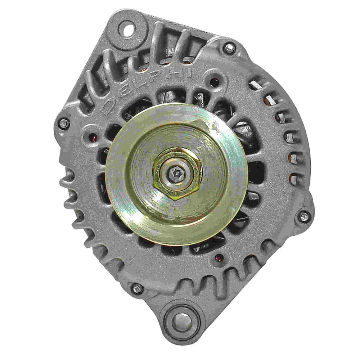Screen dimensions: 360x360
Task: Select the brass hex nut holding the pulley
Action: point(177,174)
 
